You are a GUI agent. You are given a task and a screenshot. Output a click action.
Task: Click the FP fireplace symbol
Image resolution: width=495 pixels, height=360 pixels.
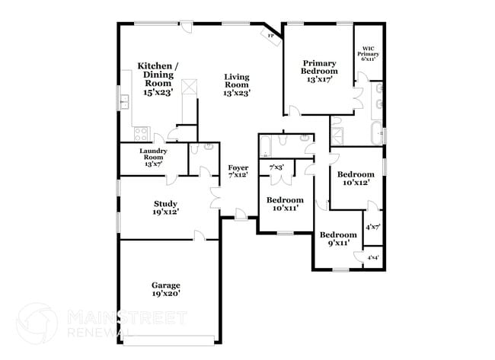270,35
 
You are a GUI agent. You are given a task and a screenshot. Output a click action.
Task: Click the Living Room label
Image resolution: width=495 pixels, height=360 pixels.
237,84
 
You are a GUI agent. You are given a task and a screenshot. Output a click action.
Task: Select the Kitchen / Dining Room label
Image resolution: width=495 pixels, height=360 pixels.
158,79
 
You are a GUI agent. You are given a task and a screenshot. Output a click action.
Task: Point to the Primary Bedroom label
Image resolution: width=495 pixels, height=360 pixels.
320,71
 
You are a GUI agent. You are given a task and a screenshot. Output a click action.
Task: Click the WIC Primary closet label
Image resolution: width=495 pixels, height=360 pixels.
369,54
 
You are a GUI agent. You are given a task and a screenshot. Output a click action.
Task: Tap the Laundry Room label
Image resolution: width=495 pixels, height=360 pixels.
153,157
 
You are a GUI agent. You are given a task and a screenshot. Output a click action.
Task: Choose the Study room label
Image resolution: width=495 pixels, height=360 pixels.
165,207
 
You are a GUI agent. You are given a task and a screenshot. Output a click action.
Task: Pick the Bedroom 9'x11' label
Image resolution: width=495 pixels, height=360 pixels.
337,239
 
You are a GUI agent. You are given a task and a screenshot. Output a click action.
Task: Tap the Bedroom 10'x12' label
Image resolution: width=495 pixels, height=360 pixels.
356,178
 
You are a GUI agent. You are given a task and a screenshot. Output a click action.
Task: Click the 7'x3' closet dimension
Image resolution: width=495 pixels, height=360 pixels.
276,167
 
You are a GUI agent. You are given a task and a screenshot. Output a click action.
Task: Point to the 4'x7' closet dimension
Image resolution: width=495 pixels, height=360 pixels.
372,227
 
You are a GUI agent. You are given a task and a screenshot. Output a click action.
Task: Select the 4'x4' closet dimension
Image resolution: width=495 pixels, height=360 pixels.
373,258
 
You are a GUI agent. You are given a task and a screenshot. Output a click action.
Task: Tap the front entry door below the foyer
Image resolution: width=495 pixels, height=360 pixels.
240,216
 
